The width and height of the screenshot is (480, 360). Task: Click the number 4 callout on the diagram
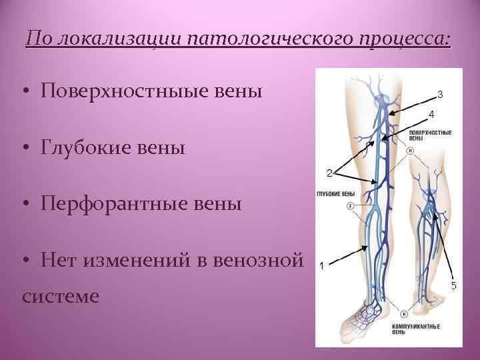pyautogui.click(x=431, y=114)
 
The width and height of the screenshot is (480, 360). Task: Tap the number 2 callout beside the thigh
pyautogui.click(x=329, y=173)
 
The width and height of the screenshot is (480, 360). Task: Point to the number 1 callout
pyautogui.click(x=323, y=265)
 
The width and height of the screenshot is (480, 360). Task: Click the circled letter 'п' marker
pyautogui.click(x=409, y=151)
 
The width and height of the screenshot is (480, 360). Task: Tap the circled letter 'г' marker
pyautogui.click(x=350, y=207)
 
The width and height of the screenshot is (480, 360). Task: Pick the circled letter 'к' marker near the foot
pyautogui.click(x=403, y=313)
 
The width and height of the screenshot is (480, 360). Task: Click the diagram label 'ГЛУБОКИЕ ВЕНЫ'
pyautogui.click(x=335, y=194)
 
